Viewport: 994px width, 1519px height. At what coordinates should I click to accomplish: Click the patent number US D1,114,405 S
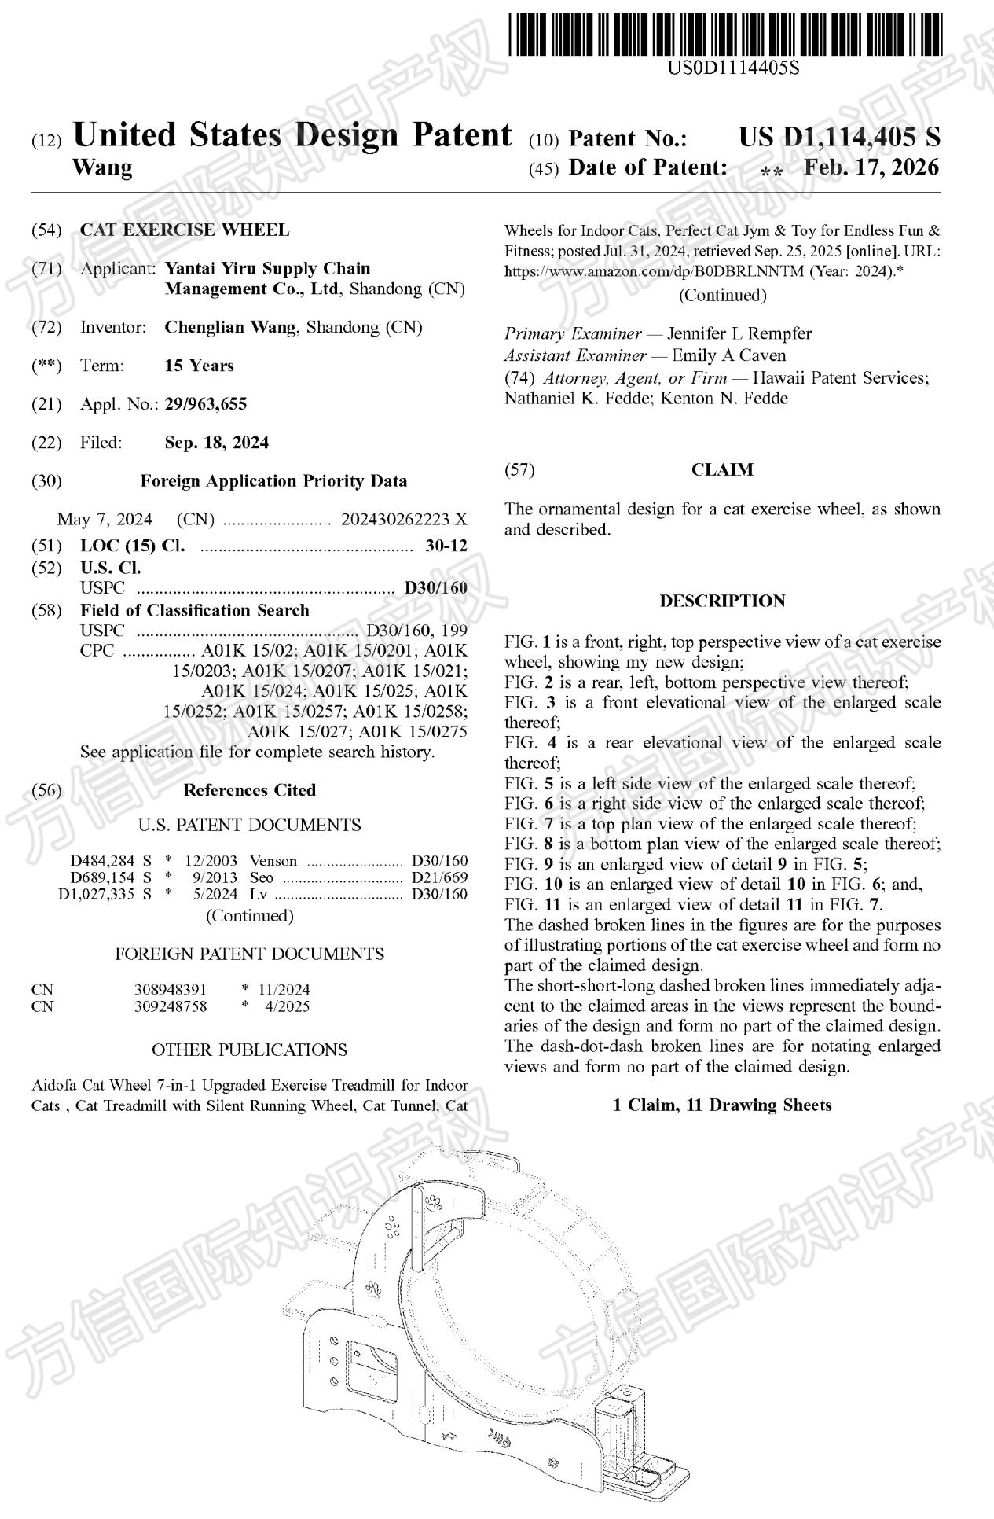(838, 138)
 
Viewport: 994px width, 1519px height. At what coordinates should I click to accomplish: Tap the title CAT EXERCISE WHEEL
(185, 230)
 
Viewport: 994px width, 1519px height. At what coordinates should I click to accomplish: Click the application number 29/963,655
(205, 404)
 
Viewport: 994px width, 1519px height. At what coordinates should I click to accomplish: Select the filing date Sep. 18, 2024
(216, 443)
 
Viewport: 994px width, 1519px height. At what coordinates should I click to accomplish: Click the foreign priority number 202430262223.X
(404, 520)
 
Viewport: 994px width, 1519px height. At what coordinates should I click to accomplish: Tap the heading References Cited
(249, 790)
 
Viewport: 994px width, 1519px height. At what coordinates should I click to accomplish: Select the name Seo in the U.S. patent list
(262, 877)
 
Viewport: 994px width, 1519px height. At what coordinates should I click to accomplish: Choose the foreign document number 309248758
(171, 1006)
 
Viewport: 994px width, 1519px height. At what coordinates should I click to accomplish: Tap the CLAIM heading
(721, 470)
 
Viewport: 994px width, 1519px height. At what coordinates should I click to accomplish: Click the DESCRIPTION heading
(721, 601)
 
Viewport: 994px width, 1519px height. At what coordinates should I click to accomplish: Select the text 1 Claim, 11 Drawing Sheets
(721, 1105)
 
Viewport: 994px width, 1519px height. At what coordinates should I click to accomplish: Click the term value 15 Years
(199, 366)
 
